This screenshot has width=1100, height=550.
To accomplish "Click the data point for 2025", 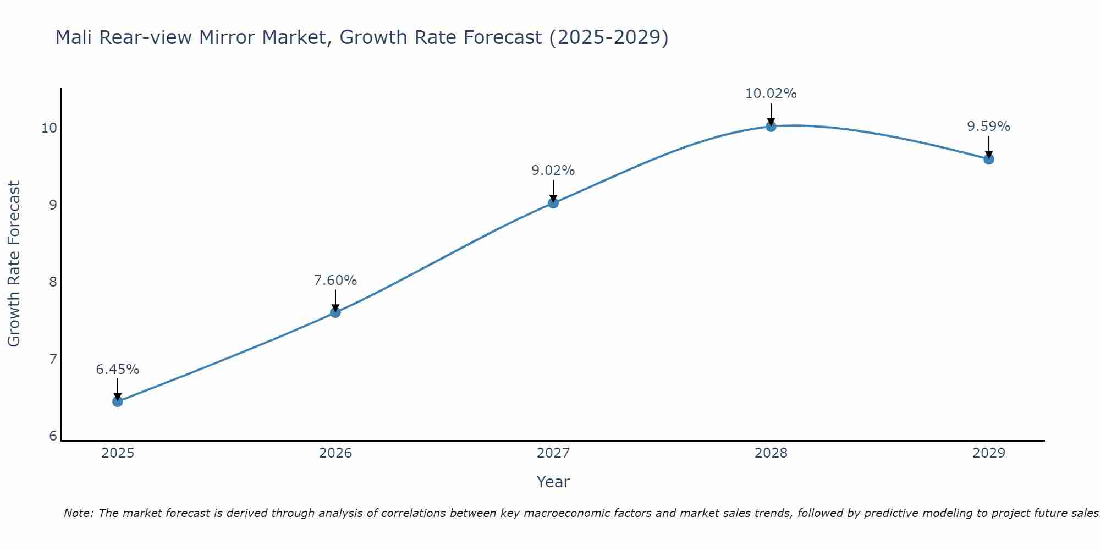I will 118,402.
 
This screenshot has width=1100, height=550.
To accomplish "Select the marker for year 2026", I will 335,312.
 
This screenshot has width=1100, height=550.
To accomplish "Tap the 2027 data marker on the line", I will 553,203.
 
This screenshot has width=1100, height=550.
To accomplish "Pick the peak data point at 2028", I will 771,127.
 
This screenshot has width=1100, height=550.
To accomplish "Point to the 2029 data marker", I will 989,159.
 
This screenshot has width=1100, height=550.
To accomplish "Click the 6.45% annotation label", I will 118,370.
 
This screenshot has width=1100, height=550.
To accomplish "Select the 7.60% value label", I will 335,280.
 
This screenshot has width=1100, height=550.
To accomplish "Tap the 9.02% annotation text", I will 553,170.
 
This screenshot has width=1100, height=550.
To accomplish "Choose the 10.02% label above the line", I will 771,94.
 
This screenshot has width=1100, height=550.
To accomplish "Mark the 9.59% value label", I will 989,127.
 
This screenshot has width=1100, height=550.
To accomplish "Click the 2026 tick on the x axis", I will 335,453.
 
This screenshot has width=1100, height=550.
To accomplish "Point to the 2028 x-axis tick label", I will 771,453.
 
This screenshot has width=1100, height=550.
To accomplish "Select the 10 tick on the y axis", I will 50,128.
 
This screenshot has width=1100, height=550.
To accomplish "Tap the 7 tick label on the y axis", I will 53,359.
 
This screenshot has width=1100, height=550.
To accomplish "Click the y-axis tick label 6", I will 53,436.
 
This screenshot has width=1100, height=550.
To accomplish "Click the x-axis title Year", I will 553,482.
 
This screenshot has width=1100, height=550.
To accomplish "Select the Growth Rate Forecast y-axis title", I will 14,264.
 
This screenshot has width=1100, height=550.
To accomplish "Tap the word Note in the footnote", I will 78,513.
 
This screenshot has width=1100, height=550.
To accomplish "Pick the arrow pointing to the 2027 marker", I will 553,192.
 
